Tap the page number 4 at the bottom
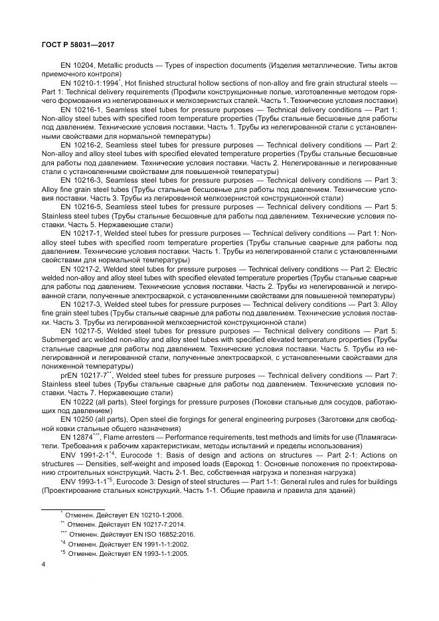(x=43, y=565)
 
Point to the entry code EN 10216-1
(x=81, y=108)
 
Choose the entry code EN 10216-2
(x=81, y=144)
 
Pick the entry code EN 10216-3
(x=81, y=180)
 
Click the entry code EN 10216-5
(x=81, y=207)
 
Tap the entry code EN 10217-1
(x=81, y=234)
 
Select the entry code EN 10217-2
(x=81, y=270)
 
